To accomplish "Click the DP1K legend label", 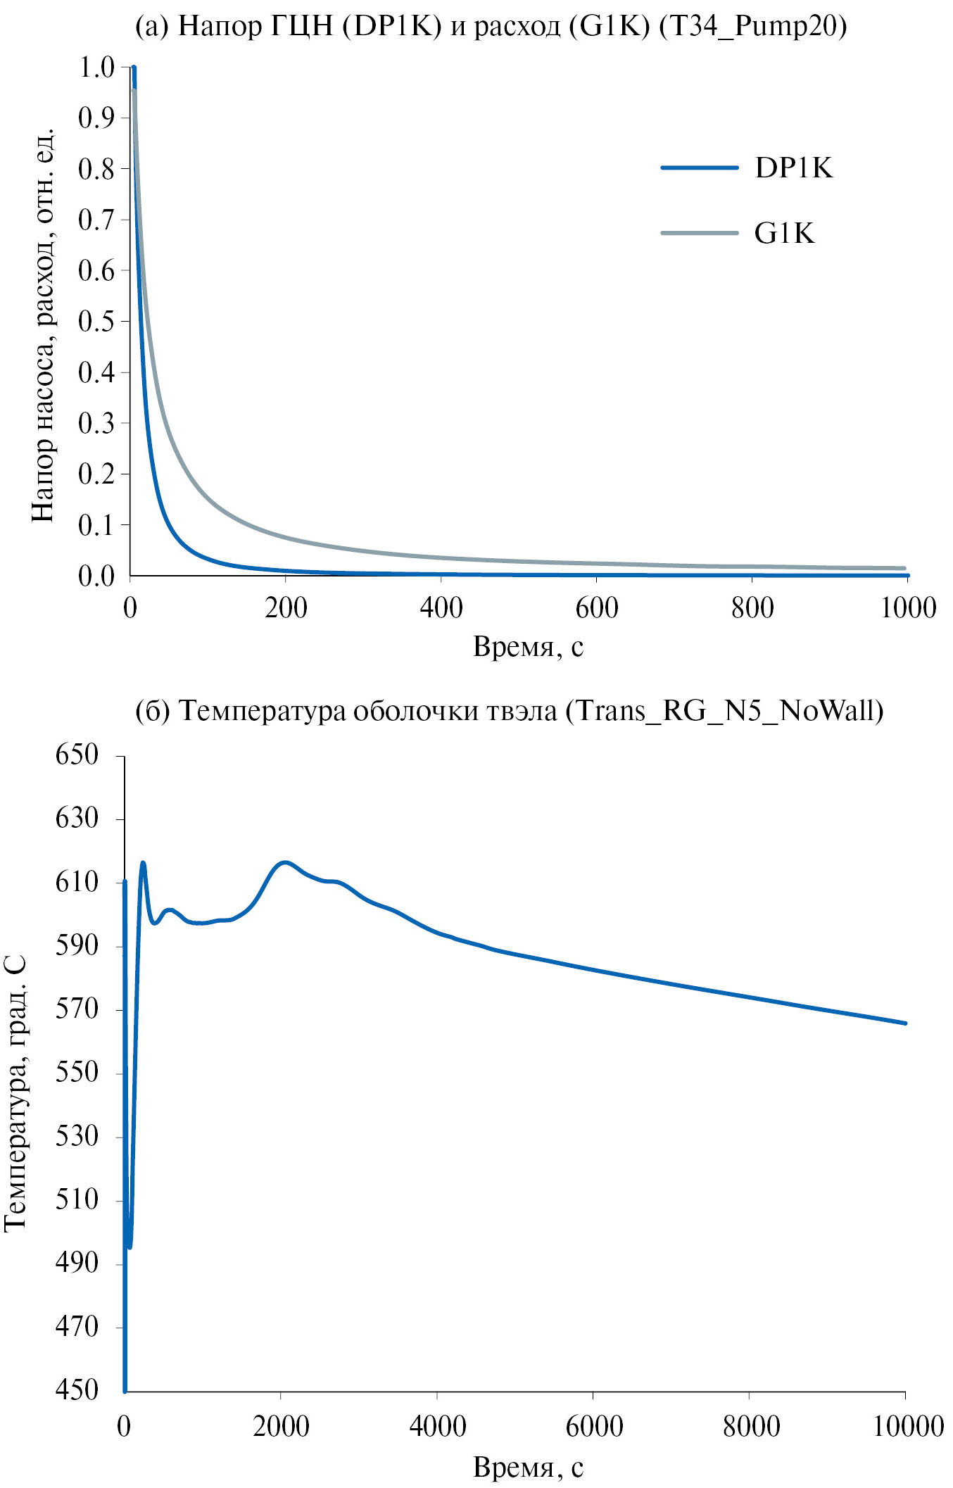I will (x=793, y=168).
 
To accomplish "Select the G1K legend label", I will (x=784, y=234).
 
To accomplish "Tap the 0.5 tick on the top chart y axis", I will (x=96, y=321).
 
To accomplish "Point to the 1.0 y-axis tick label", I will (x=96, y=68).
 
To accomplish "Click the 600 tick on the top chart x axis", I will (x=596, y=608).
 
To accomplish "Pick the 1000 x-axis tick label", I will (x=908, y=608).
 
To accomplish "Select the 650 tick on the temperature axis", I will (x=77, y=755).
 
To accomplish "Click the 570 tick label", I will (x=77, y=1009).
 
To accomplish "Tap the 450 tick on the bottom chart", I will (x=77, y=1389).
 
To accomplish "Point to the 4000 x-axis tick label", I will (x=437, y=1426).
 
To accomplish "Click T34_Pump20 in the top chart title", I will (x=752, y=26).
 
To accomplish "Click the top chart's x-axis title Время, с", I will (x=528, y=646).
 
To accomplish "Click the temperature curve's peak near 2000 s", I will (x=284, y=862).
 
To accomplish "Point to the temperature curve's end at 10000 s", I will (x=905, y=1023).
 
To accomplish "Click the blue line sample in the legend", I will (x=699, y=168).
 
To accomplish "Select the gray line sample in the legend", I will (x=699, y=233).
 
